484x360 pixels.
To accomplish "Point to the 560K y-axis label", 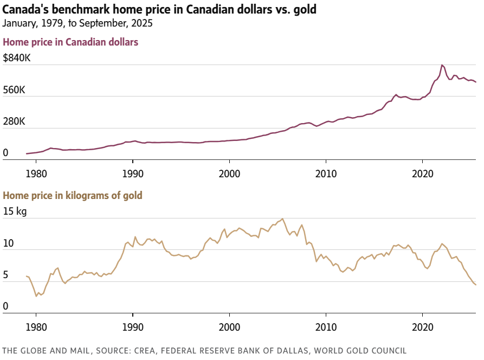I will coord(14,90).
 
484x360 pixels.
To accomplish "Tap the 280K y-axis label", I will coord(14,122).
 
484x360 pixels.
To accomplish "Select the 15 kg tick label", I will coord(15,211).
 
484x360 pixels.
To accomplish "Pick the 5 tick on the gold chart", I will coord(5,275).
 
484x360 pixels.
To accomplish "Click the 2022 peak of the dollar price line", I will coord(442,65).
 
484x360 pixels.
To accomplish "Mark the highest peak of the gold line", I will coord(282,219).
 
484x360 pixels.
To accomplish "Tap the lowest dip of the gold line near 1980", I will coord(36,296).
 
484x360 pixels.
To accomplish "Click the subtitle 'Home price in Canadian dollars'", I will coord(71,42).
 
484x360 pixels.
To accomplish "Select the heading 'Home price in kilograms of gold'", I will coord(73,195).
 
